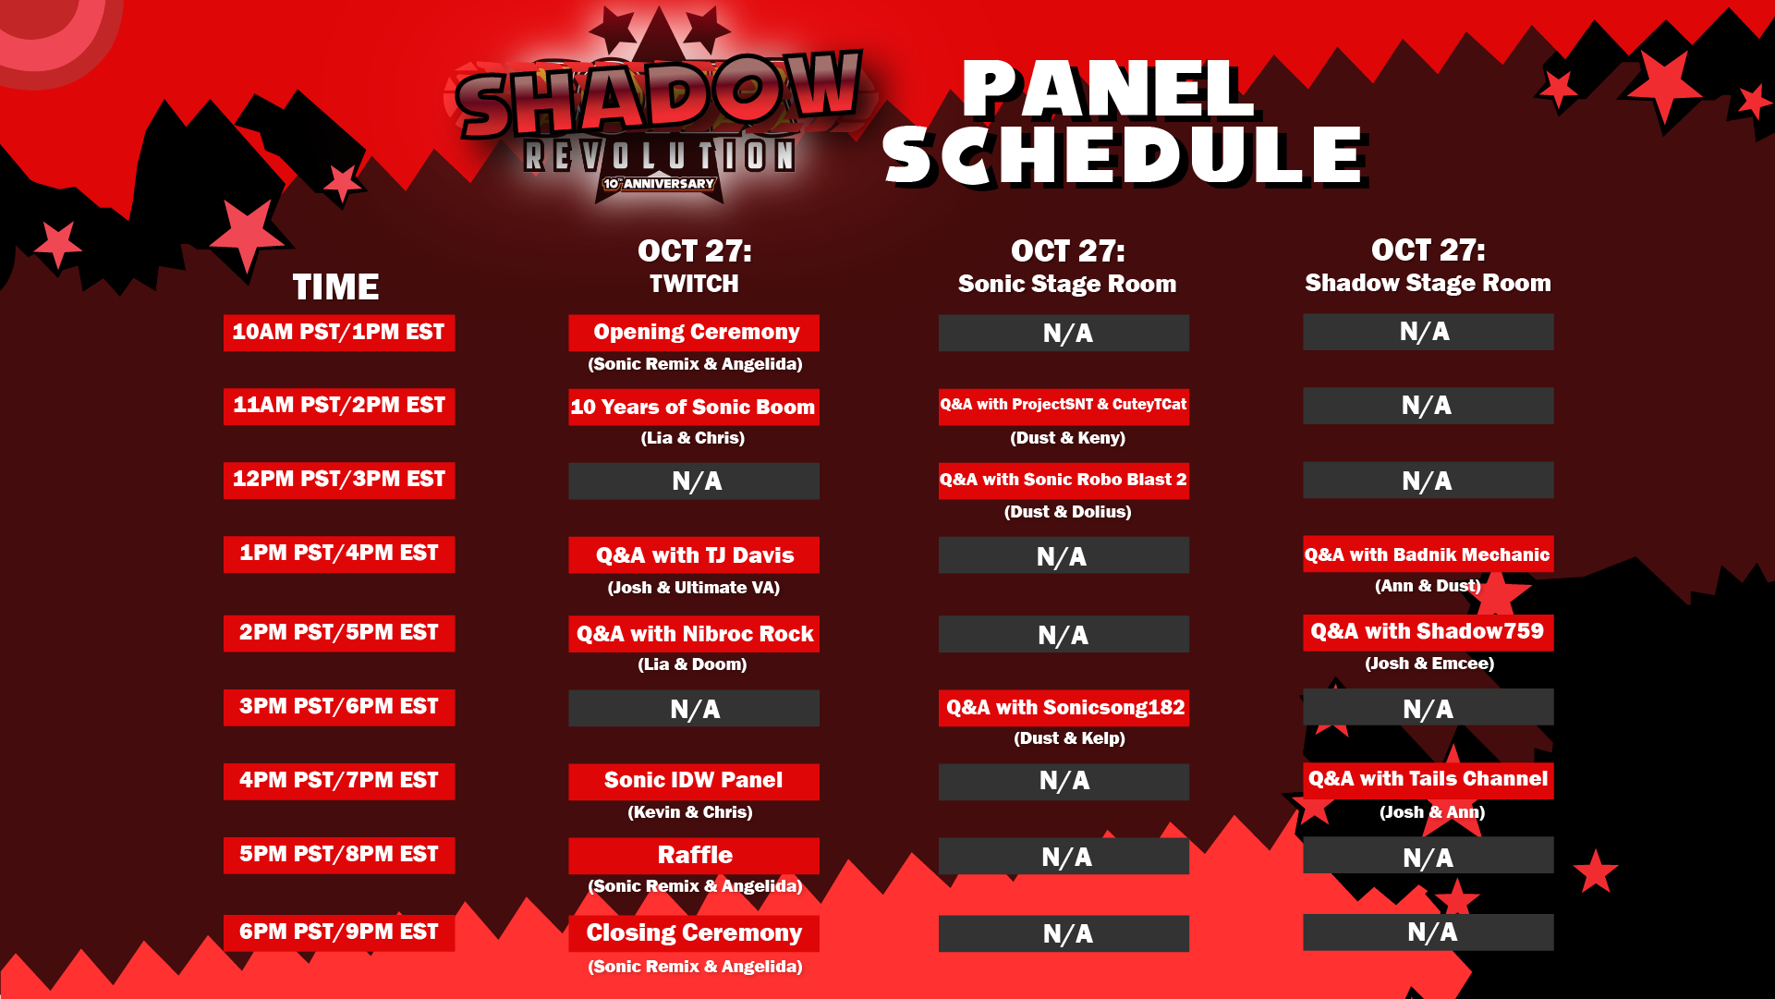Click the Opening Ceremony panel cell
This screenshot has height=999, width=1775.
point(694,333)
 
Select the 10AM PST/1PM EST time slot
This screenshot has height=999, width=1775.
point(339,333)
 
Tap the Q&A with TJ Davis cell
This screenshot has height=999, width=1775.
point(694,555)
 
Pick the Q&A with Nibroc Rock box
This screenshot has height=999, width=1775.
point(694,634)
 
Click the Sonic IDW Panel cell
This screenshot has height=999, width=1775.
point(694,782)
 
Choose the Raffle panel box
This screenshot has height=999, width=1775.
point(694,856)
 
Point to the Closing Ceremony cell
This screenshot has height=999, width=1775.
point(694,933)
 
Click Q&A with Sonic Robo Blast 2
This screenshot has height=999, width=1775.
point(1064,481)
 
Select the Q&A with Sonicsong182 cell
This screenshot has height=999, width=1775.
point(1064,708)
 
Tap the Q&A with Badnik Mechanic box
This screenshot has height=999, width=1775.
point(1429,554)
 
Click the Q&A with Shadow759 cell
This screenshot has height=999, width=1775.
point(1429,633)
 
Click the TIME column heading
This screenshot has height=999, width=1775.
point(335,287)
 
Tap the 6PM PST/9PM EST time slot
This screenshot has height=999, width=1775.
point(339,932)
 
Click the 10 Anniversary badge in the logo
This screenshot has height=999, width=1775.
point(659,184)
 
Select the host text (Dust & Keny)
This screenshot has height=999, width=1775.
point(1067,438)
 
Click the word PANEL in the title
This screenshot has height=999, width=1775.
point(1108,90)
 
